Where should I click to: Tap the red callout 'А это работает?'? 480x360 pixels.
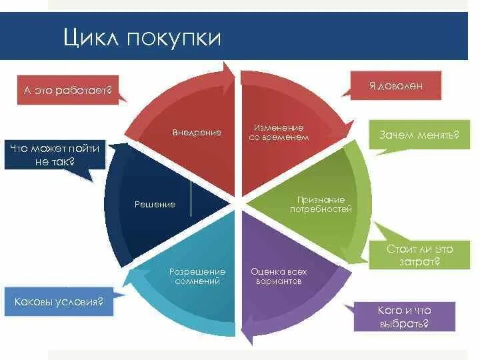pyautogui.click(x=65, y=89)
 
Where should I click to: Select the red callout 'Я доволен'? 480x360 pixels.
pyautogui.click(x=396, y=87)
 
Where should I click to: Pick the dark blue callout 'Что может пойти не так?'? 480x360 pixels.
pyautogui.click(x=55, y=155)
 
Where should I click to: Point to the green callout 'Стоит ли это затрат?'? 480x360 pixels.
pyautogui.click(x=419, y=255)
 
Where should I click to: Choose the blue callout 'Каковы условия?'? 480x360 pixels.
pyautogui.click(x=59, y=301)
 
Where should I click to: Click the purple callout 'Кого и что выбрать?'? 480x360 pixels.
pyautogui.click(x=404, y=317)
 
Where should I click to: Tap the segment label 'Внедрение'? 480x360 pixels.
pyautogui.click(x=197, y=133)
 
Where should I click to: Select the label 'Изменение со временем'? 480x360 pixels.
pyautogui.click(x=279, y=132)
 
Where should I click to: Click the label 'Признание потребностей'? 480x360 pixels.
pyautogui.click(x=321, y=204)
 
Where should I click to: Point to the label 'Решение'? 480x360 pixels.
pyautogui.click(x=155, y=204)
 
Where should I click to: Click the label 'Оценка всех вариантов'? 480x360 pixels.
pyautogui.click(x=279, y=277)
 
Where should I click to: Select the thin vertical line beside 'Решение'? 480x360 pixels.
pyautogui.click(x=191, y=199)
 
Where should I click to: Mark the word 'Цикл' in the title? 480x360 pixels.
pyautogui.click(x=91, y=37)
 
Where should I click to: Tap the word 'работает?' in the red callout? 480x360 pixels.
pyautogui.click(x=87, y=89)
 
